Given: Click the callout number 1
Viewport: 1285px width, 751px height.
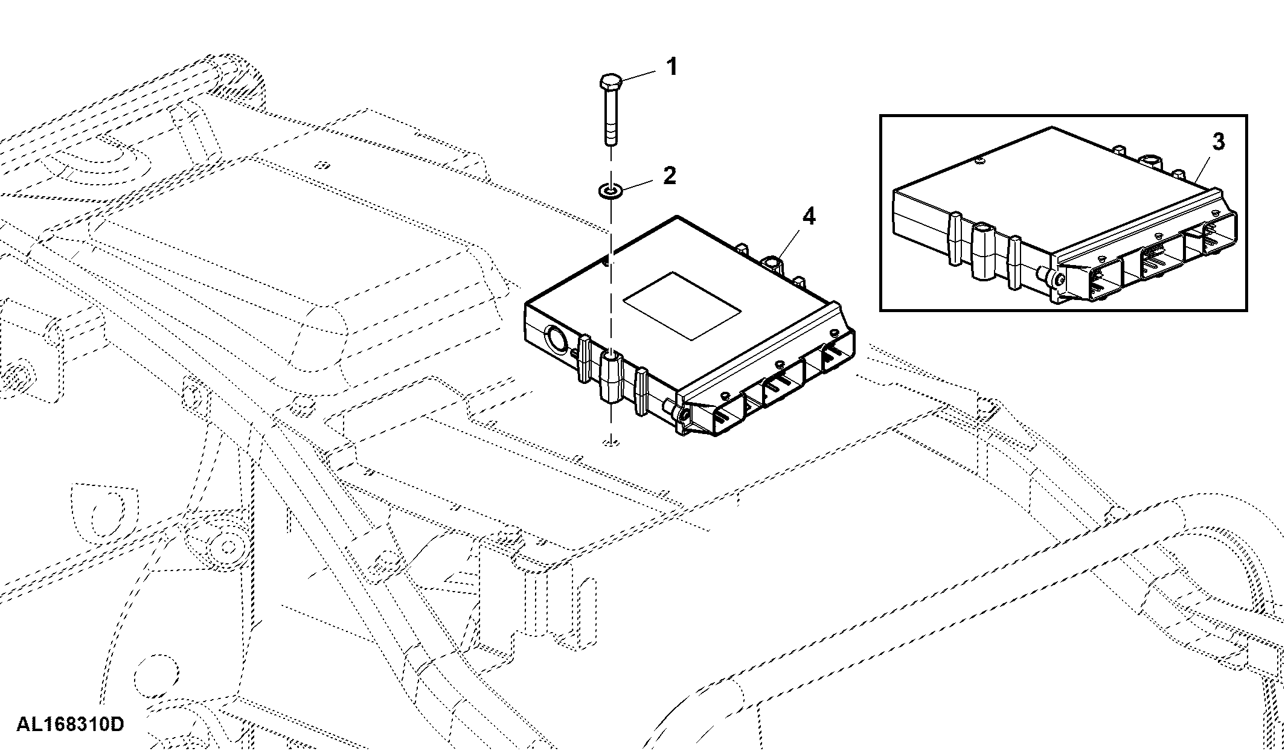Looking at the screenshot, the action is [671, 67].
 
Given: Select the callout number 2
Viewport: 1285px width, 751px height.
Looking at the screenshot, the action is [669, 175].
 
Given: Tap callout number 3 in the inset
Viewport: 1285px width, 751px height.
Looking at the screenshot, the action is [1219, 141].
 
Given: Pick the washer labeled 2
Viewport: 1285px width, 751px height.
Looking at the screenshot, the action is [610, 191].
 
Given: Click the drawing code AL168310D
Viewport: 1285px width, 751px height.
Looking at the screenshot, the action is [70, 724].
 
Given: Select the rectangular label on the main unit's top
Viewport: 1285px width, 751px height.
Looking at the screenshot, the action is [682, 305].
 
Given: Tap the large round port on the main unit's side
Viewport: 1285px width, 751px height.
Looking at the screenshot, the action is [556, 340].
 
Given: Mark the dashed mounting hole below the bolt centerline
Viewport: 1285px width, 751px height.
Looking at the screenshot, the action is [611, 443].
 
